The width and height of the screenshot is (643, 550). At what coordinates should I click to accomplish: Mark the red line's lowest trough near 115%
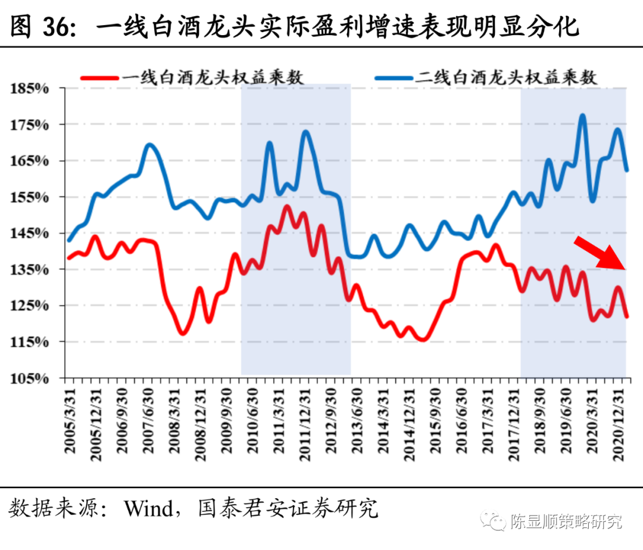423,340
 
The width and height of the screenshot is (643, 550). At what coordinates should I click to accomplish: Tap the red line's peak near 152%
286,207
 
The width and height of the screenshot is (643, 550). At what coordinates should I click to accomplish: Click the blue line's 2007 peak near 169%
149,145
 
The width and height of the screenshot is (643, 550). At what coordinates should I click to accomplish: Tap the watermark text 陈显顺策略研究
566,522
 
